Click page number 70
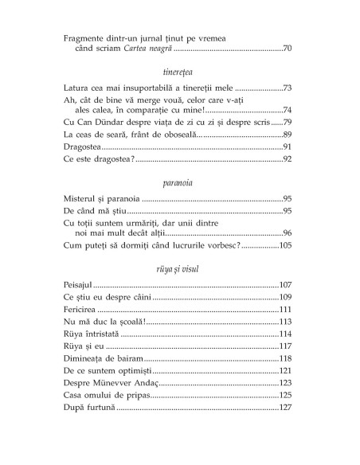tap(288, 49)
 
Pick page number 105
tap(285, 246)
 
